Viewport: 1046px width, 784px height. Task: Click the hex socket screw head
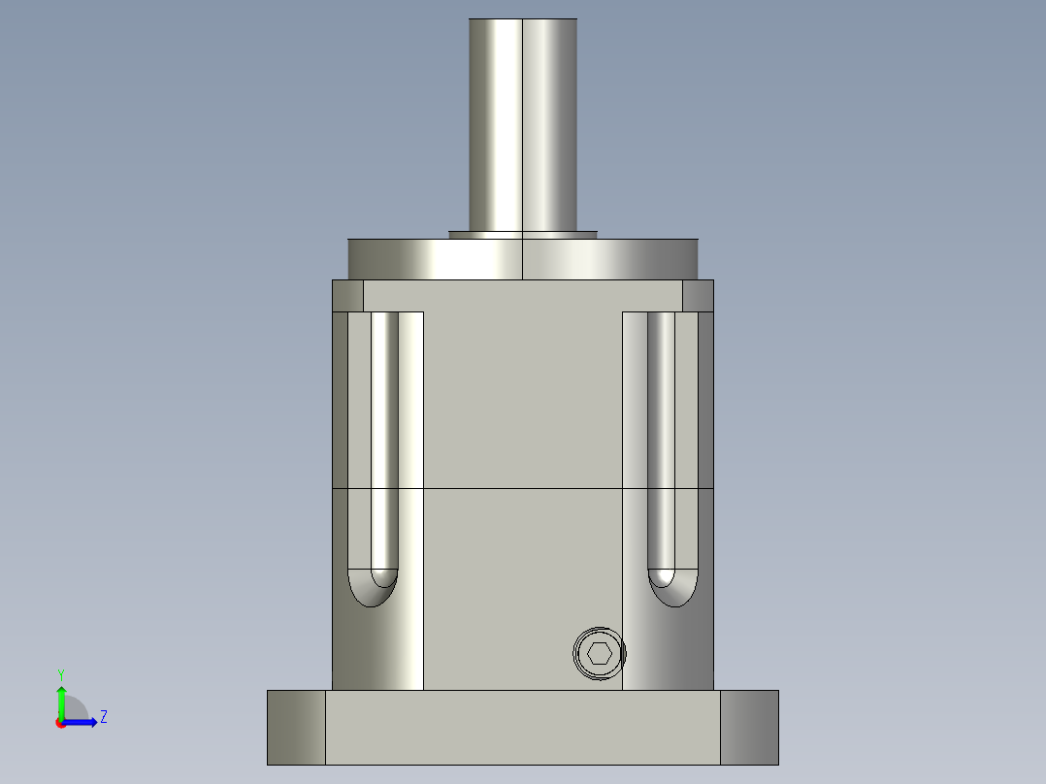599,653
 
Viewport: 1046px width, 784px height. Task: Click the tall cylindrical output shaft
523,126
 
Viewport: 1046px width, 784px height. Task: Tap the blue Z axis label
103,717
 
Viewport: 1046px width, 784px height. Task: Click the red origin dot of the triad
60,723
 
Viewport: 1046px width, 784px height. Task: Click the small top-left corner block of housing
347,296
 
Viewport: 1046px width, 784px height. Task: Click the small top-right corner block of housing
698,296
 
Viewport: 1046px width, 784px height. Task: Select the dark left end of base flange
296,727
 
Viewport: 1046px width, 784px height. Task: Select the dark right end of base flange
749,727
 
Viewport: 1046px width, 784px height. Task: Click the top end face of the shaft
523,19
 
